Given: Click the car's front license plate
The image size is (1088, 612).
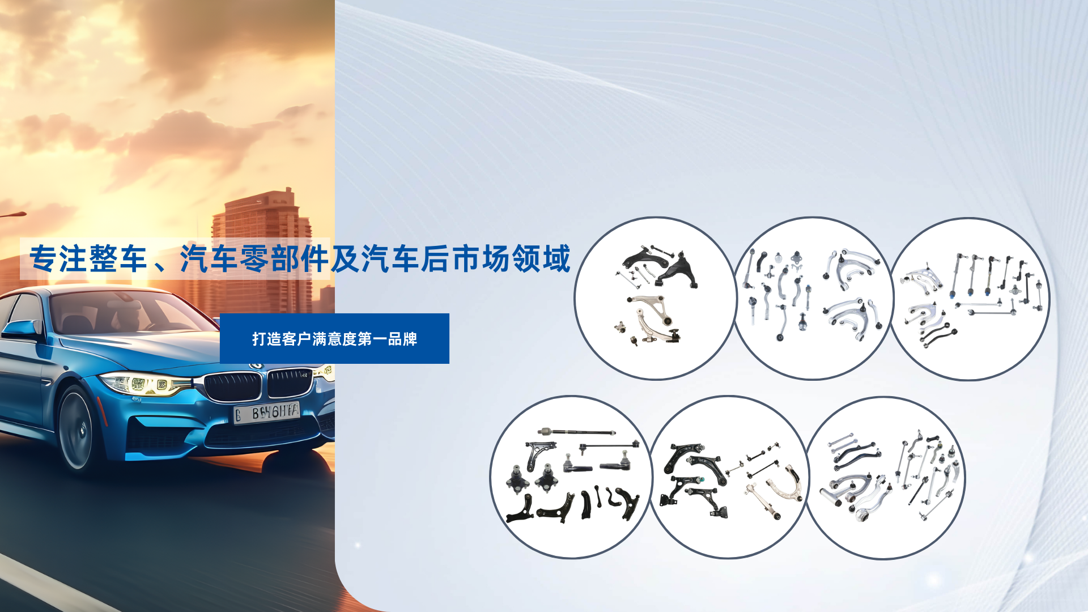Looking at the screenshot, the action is coord(267,412).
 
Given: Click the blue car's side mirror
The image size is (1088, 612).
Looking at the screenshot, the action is coord(22,329).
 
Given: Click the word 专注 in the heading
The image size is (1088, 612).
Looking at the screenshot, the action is coord(58,259).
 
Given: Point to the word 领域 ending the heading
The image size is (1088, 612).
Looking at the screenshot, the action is coord(541,259).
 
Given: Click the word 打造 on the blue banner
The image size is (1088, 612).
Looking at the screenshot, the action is coord(266,339).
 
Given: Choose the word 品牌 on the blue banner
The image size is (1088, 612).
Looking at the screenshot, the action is coord(403,339).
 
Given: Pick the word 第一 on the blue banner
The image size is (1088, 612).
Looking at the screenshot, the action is coord(372,339).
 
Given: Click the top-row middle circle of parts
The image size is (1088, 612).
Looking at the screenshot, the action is coord(813,298).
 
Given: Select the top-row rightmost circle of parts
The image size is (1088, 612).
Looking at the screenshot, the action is coord(969,299).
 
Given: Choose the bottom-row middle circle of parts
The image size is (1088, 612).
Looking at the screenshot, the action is coord(729,477).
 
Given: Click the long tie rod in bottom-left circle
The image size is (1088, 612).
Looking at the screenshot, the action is coord(576,432).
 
